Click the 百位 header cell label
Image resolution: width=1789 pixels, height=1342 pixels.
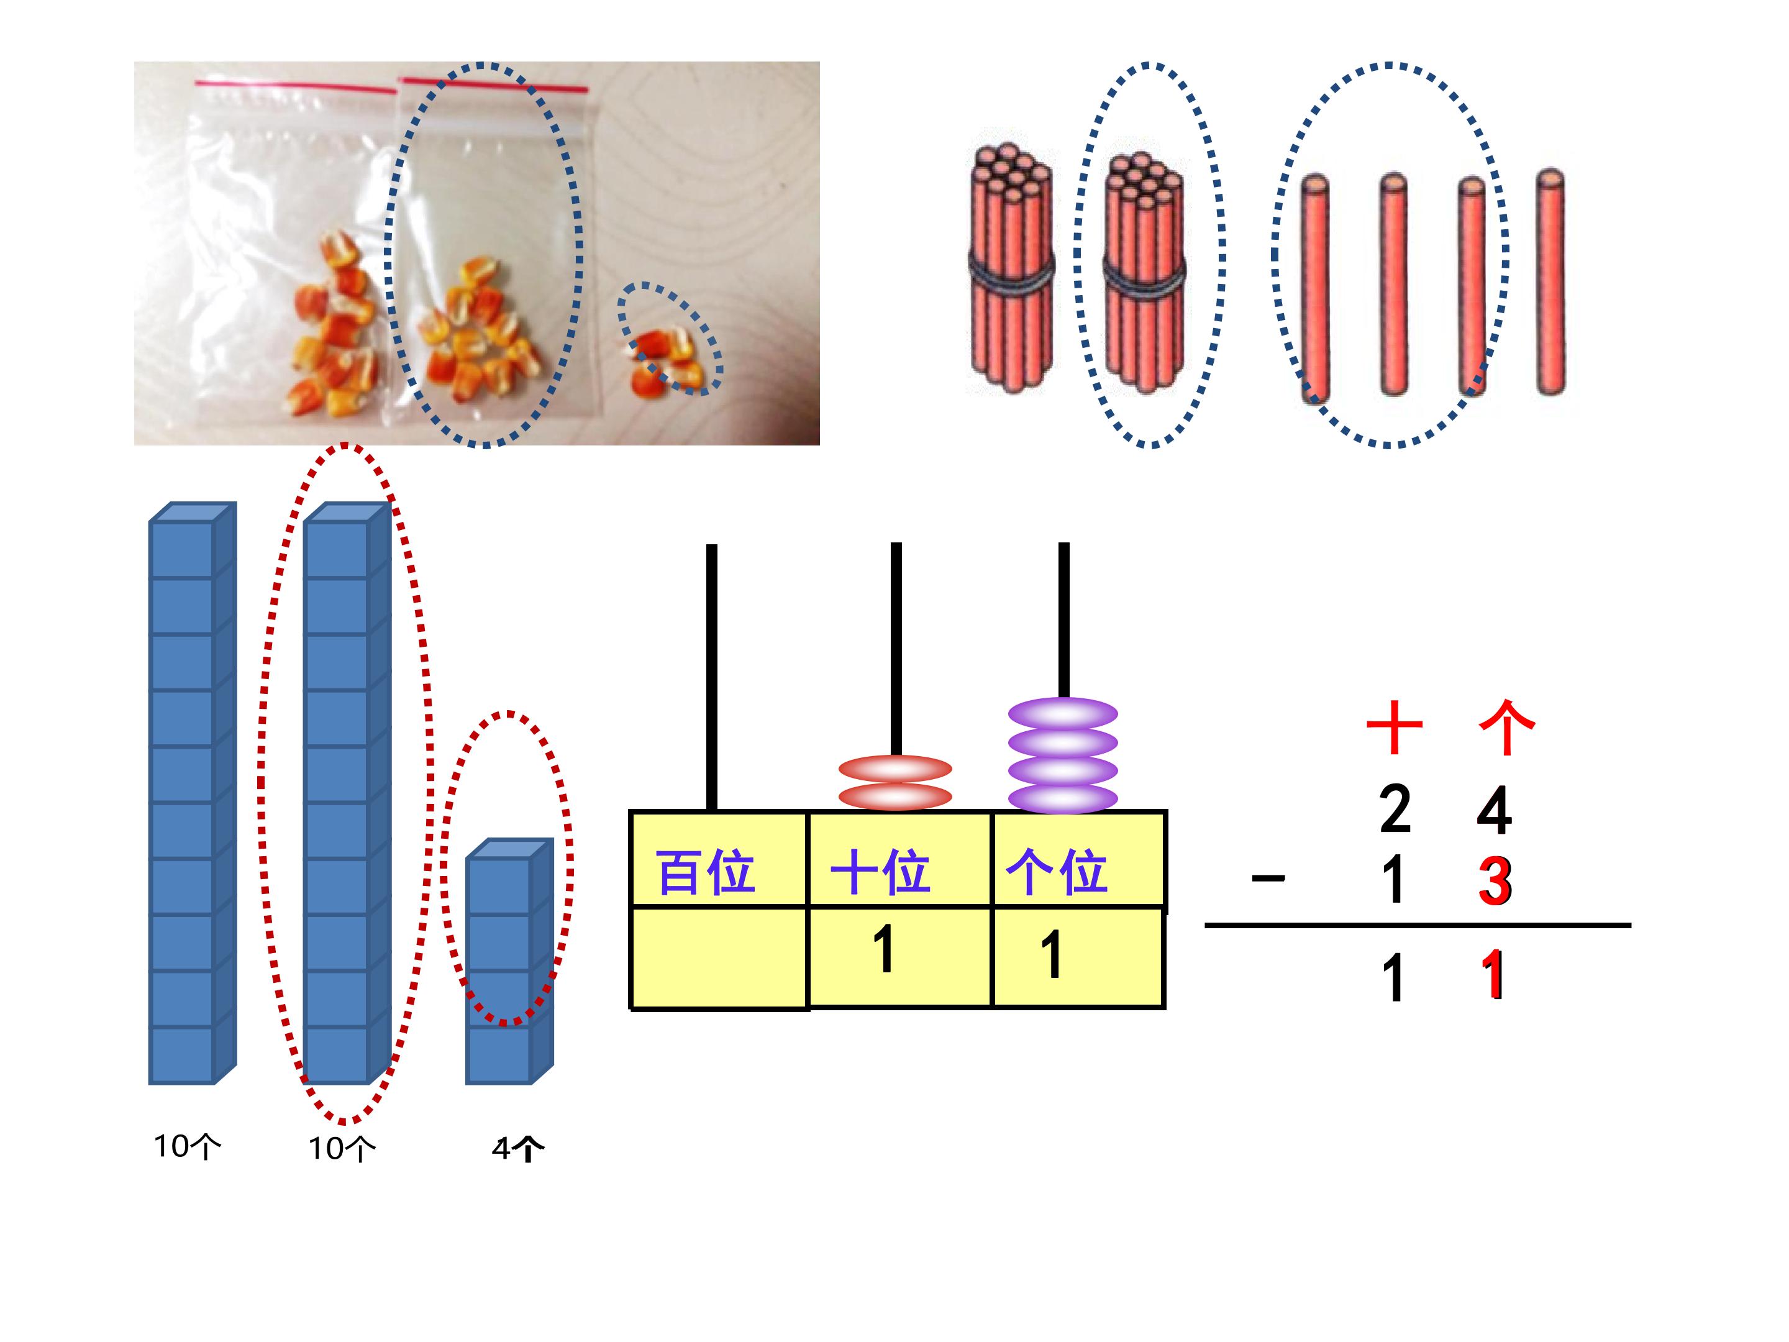pyautogui.click(x=706, y=872)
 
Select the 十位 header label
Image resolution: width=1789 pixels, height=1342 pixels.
pyautogui.click(x=880, y=872)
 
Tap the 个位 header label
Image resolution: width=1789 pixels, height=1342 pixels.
pyautogui.click(x=1056, y=872)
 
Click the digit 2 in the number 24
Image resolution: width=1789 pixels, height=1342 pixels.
pyautogui.click(x=1396, y=808)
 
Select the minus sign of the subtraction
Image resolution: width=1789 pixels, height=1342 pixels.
pyautogui.click(x=1268, y=878)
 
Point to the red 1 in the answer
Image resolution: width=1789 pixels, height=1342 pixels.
pyautogui.click(x=1493, y=975)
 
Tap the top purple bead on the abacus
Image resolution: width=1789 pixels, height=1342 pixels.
pyautogui.click(x=1063, y=713)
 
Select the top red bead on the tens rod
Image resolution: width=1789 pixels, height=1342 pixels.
pyautogui.click(x=895, y=769)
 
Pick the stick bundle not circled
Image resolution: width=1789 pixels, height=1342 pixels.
pyautogui.click(x=1011, y=268)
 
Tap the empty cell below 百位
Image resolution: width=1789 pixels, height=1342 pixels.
pyautogui.click(x=719, y=959)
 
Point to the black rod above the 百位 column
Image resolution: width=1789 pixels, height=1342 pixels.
pyautogui.click(x=712, y=677)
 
